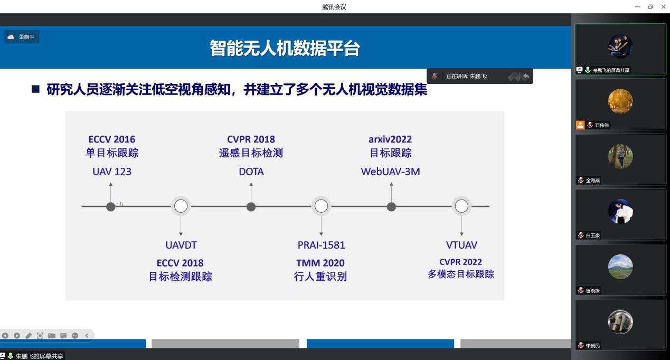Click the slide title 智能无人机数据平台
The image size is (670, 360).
(x=285, y=48)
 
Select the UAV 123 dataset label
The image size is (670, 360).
(x=112, y=172)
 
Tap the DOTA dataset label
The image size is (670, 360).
(x=251, y=172)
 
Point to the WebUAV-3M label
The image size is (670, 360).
(x=390, y=172)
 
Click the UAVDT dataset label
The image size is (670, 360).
(x=181, y=245)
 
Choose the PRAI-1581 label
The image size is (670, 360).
(x=321, y=245)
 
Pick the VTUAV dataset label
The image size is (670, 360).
(x=461, y=245)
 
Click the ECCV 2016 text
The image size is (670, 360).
(x=112, y=139)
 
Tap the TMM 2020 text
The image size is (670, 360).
(x=320, y=263)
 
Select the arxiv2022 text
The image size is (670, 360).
(x=390, y=139)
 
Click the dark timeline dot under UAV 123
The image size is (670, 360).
(x=111, y=206)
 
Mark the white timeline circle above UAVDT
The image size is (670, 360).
(x=181, y=206)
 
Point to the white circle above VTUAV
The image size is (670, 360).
(x=461, y=206)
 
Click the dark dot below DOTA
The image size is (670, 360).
(x=251, y=206)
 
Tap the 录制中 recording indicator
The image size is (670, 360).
(x=22, y=37)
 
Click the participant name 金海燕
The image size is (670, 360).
(x=593, y=181)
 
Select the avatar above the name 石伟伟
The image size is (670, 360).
(x=620, y=101)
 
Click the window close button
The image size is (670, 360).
(x=663, y=7)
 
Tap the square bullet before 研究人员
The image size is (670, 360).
(x=36, y=89)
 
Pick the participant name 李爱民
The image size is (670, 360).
(x=593, y=346)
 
